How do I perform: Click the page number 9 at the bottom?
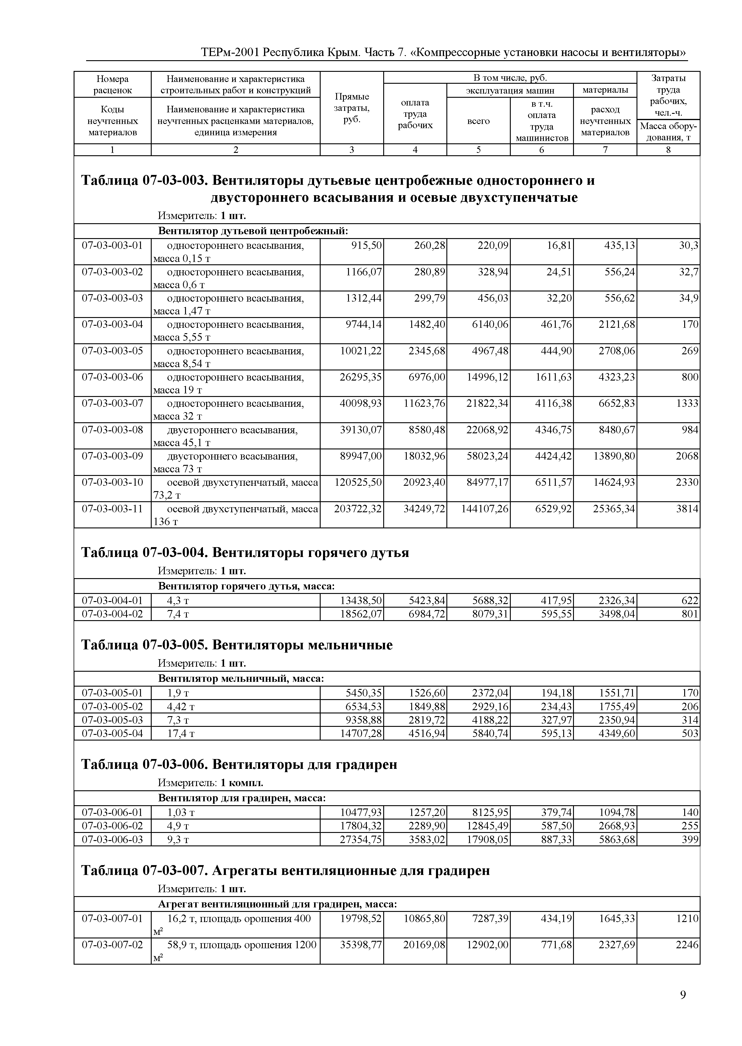pos(683,995)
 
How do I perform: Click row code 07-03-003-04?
pos(112,325)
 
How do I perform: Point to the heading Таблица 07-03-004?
pos(245,553)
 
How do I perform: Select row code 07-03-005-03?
pos(112,720)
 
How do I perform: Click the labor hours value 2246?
pos(687,945)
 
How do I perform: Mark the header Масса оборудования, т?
pos(668,132)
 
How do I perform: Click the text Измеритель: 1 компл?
pos(211,783)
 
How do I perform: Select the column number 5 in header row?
pos(478,150)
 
